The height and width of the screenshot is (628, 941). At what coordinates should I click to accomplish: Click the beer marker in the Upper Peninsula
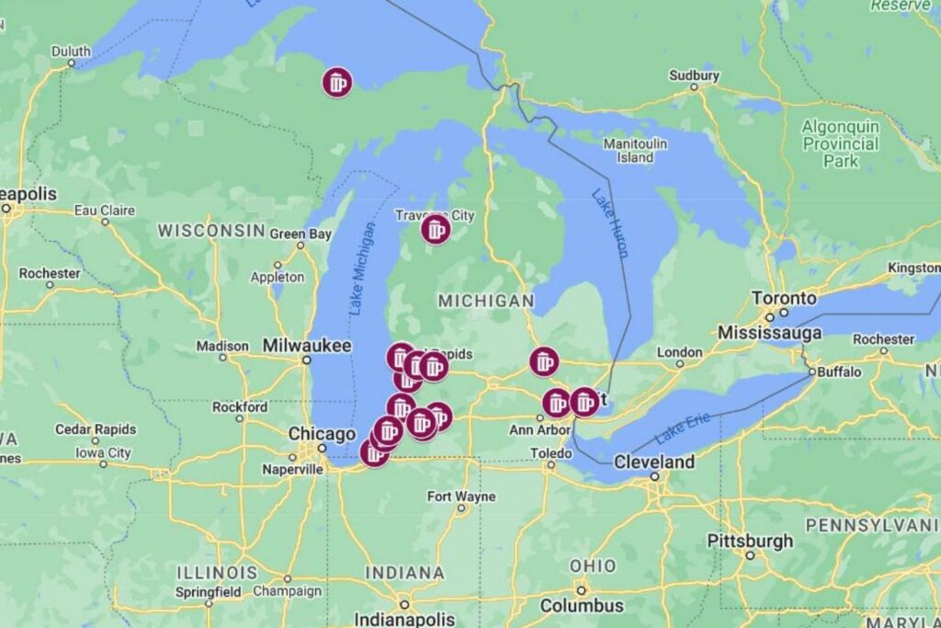(337, 83)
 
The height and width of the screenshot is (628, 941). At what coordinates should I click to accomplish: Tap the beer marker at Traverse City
(436, 229)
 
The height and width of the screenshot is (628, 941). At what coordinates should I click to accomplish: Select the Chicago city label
(322, 434)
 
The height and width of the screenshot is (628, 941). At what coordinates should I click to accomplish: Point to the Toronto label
(784, 298)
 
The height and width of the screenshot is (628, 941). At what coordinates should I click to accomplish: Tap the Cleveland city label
(654, 462)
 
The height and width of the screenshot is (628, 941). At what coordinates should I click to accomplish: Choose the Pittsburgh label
(749, 540)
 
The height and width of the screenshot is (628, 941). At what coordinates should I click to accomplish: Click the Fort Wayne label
(461, 497)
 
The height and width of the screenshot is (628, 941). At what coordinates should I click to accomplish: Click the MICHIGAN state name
(485, 301)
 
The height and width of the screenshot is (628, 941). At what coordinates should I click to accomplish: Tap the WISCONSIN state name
(211, 230)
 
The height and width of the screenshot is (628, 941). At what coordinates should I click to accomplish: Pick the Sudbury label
(694, 75)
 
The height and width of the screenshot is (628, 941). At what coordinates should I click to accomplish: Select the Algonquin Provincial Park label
(841, 143)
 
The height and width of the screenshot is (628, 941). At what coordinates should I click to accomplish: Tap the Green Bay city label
(300, 234)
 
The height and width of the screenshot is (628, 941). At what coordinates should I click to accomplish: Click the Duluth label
(71, 51)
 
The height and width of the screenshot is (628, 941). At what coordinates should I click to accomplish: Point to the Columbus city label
(582, 605)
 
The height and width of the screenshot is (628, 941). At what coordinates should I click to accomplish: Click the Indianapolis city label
(404, 618)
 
